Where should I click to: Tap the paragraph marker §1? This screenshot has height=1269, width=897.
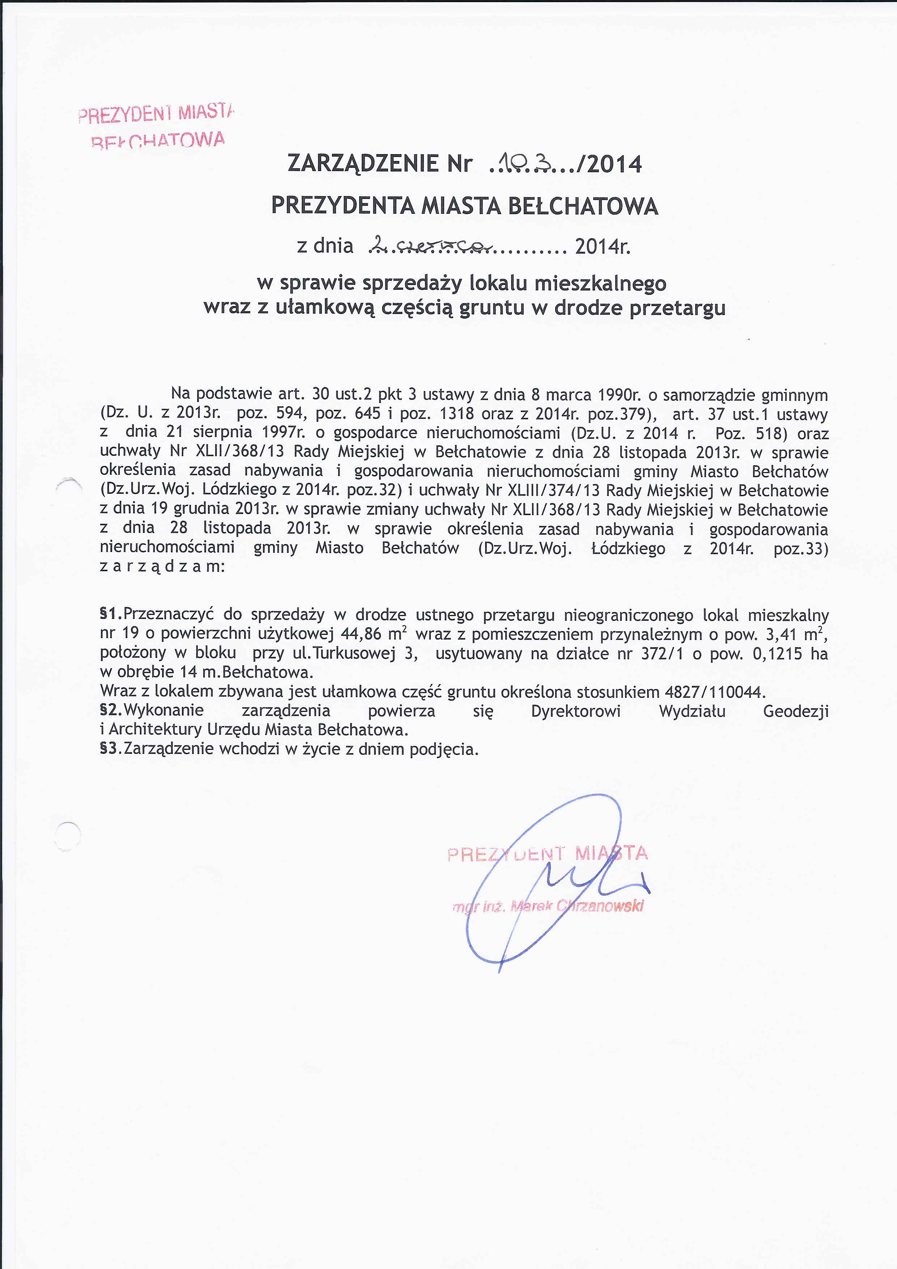click(x=111, y=615)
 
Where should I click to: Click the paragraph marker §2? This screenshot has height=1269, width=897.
click(x=111, y=710)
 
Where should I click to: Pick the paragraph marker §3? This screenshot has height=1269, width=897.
click(x=111, y=749)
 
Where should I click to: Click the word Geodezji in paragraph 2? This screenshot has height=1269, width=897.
click(x=795, y=711)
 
